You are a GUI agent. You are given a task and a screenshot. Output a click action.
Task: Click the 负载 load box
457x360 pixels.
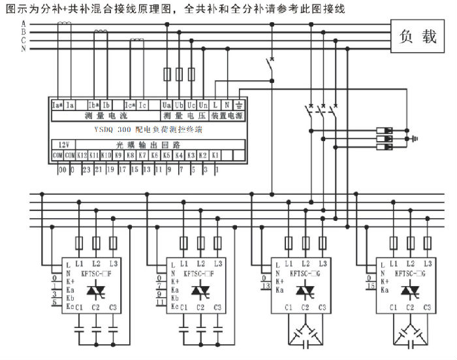(418, 37)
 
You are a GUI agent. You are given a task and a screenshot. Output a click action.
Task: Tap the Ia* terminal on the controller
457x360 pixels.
(57, 105)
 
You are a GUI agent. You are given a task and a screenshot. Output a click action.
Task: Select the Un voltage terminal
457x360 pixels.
(202, 105)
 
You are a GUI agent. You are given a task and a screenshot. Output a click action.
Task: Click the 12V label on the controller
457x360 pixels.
(63, 144)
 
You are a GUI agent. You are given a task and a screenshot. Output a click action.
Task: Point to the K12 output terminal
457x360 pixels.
(82, 155)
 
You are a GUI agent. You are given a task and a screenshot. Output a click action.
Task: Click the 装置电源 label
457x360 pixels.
(227, 116)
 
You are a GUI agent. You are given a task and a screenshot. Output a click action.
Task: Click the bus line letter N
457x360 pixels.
(24, 48)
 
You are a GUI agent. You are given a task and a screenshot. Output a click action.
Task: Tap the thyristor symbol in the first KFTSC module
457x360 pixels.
(96, 287)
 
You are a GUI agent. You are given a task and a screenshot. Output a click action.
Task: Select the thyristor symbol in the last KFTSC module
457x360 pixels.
(409, 287)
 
